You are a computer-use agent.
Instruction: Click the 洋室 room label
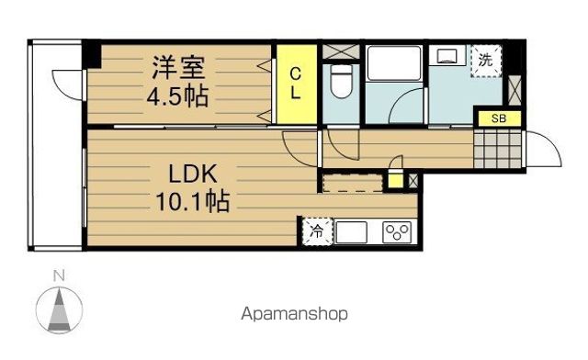[178, 68]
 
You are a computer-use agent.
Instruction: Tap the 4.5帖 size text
[177, 97]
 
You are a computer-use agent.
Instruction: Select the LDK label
[193, 174]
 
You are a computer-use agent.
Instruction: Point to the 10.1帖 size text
[192, 201]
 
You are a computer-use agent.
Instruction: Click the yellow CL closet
[297, 84]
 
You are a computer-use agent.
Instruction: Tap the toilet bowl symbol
[341, 81]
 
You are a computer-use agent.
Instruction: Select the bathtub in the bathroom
[394, 63]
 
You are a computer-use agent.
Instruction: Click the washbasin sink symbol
[447, 54]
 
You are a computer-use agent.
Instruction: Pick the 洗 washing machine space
[486, 61]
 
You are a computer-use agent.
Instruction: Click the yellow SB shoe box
[499, 118]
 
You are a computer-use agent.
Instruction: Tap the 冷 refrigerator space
[318, 231]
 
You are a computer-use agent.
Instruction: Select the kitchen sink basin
[351, 232]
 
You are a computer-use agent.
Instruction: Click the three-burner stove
[397, 232]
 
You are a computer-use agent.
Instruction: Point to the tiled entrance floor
[498, 150]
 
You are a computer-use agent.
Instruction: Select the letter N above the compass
[59, 276]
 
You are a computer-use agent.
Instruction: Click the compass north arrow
[59, 309]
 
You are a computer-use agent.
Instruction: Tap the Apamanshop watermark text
[294, 314]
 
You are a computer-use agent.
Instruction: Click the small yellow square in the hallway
[395, 180]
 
